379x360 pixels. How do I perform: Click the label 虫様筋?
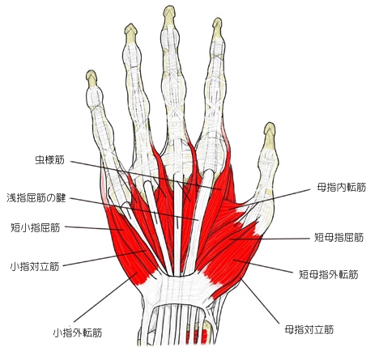[50, 160]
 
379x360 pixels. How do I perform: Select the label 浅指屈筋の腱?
[36, 198]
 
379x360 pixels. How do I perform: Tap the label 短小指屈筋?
[35, 228]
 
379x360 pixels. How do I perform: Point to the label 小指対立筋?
[35, 266]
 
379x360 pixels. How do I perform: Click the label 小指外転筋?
[78, 332]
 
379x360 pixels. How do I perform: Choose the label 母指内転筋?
[341, 188]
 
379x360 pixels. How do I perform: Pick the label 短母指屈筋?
[339, 237]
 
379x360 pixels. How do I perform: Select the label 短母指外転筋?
[329, 274]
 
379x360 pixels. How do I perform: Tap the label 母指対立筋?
[309, 329]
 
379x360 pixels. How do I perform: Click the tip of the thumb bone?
[270, 124]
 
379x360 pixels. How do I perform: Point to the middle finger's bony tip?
[169, 6]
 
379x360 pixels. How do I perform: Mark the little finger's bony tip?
[92, 71]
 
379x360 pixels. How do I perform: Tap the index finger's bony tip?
[217, 19]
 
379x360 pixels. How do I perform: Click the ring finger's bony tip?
[130, 25]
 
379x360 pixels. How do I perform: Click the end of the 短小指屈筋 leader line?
[123, 230]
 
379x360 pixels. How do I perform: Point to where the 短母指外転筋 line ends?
[233, 260]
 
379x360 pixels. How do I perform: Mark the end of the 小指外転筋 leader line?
[138, 273]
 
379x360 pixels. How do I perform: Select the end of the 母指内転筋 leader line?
[228, 209]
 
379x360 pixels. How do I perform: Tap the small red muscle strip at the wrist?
[197, 337]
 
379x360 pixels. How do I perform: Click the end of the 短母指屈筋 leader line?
[230, 239]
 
